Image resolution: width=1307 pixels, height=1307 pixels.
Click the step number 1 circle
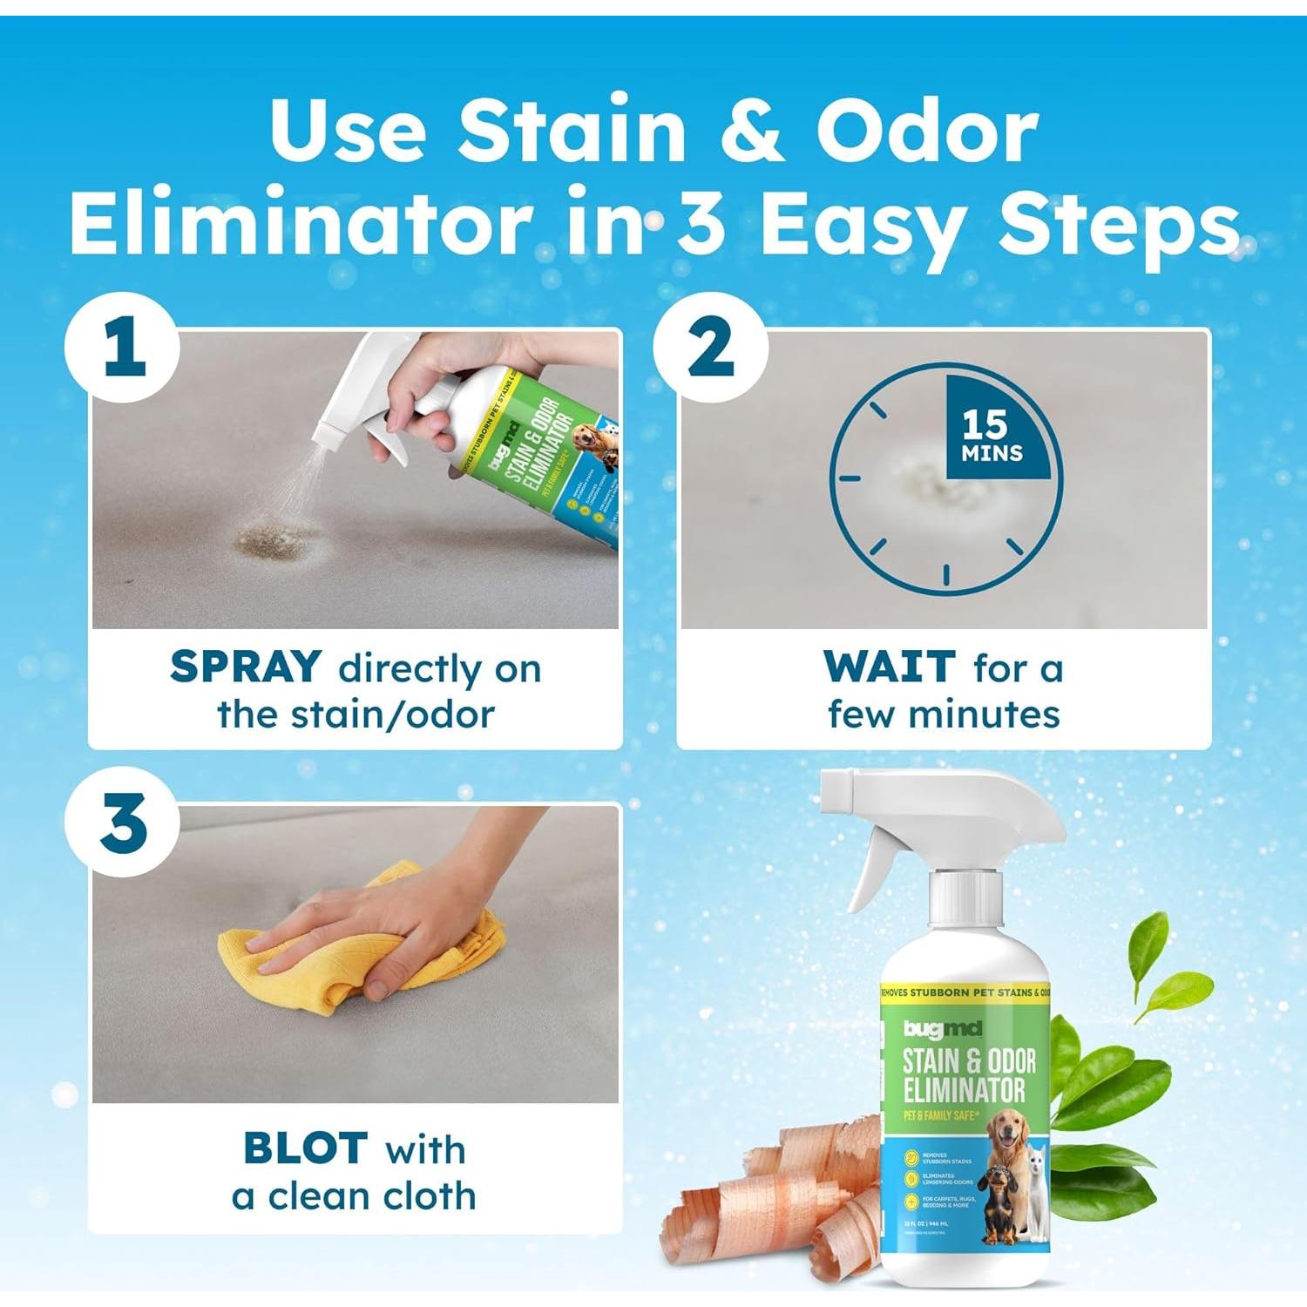pos(123,348)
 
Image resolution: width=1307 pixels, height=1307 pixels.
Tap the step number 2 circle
pos(710,348)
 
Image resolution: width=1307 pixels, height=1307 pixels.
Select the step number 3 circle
pos(123,823)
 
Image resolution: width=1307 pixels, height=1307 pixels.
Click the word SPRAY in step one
pos(246,667)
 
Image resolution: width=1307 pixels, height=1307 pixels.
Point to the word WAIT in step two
pos(889,667)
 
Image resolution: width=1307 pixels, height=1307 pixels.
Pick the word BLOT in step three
pos(305,1148)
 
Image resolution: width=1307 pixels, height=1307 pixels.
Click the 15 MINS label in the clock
pos(992,435)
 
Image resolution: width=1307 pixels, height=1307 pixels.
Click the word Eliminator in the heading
pos(301,224)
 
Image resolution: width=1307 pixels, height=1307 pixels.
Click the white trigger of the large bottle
pos(871,863)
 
